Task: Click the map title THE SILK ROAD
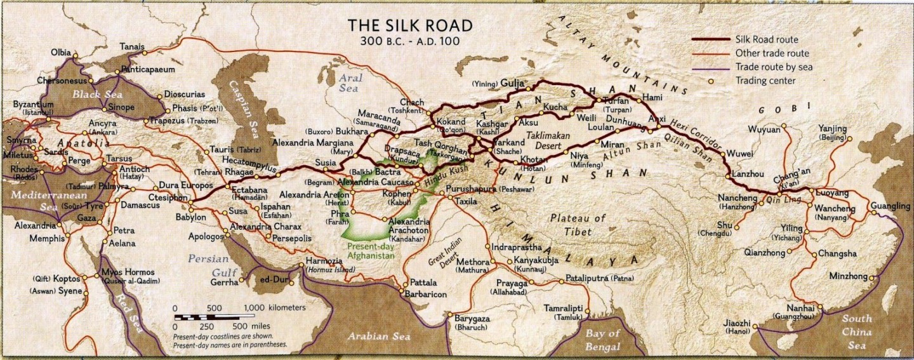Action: pyautogui.click(x=409, y=25)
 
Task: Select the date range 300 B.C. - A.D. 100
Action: pyautogui.click(x=409, y=41)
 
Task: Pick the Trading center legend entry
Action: pyautogui.click(x=765, y=81)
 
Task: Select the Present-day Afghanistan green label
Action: pyautogui.click(x=371, y=251)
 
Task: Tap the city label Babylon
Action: pyautogui.click(x=191, y=217)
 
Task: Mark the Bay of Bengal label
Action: pyautogui.click(x=602, y=340)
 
